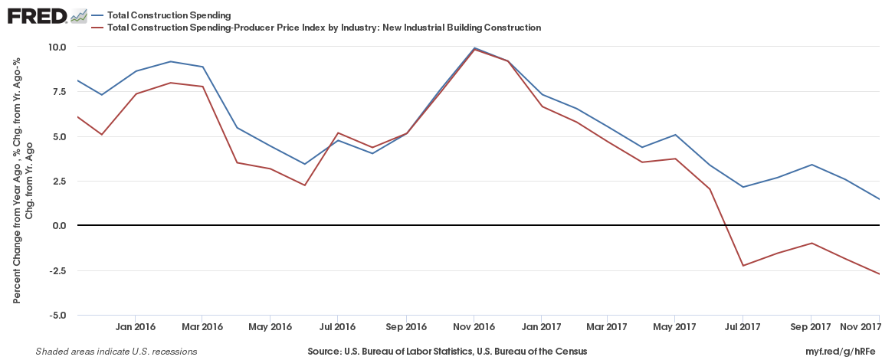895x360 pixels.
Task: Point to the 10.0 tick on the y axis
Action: [57, 47]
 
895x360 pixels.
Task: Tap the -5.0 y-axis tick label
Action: [57, 316]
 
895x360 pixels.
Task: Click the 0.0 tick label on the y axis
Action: [59, 226]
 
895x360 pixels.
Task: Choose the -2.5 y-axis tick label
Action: [57, 270]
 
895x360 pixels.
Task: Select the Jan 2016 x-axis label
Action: [136, 327]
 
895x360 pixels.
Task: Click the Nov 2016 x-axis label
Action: [474, 327]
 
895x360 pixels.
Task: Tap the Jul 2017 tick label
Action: [743, 327]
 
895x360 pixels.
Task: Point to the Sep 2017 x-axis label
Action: [810, 327]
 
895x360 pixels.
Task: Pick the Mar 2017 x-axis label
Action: [608, 327]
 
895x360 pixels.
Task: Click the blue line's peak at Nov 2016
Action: [474, 48]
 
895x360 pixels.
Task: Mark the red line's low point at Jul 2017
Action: [743, 266]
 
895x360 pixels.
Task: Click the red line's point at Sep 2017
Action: [811, 243]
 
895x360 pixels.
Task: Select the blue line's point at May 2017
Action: [675, 135]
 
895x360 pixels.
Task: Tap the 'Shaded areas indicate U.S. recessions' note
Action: [116, 352]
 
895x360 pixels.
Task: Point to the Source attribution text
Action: [447, 352]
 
